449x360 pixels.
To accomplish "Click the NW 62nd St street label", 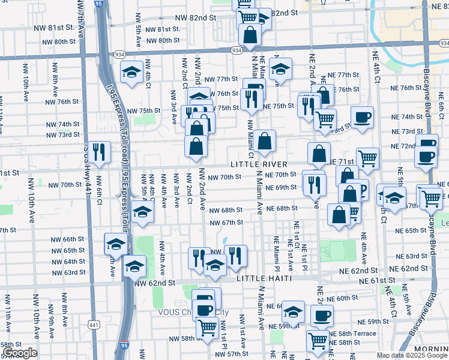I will tap(154, 282).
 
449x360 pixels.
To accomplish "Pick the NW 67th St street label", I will tap(226, 223).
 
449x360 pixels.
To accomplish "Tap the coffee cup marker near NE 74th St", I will tap(361, 116).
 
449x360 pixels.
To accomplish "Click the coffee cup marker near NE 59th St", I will tap(322, 315).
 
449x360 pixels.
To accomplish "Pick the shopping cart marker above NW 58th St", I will tap(206, 328).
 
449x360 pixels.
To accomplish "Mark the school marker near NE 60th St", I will tap(293, 311).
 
